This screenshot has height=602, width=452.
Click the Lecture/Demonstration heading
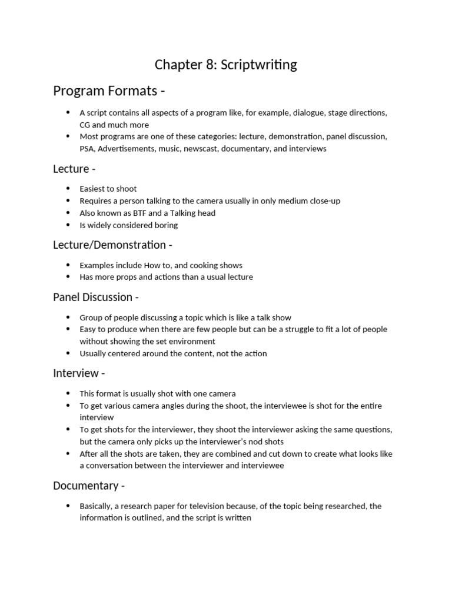[x=109, y=245]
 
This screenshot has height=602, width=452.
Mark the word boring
[x=165, y=225]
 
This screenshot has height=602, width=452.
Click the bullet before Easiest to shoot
[x=68, y=189]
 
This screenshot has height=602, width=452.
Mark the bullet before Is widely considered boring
[x=68, y=225]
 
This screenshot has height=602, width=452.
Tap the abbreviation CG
[x=85, y=125]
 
